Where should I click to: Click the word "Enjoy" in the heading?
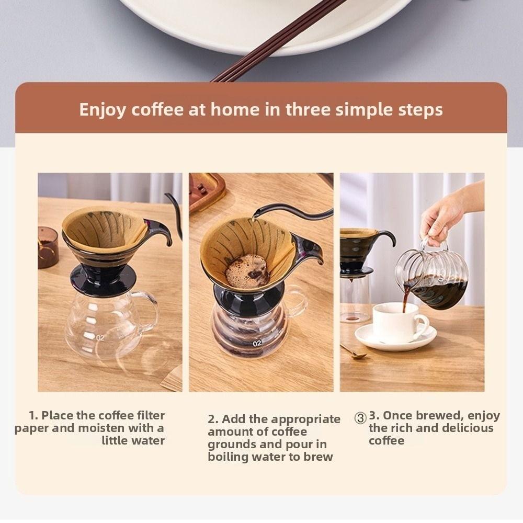103,110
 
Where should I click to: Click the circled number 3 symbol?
360,418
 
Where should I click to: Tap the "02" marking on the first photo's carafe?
100,338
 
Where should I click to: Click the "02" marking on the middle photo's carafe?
257,344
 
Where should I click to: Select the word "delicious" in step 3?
463,428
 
